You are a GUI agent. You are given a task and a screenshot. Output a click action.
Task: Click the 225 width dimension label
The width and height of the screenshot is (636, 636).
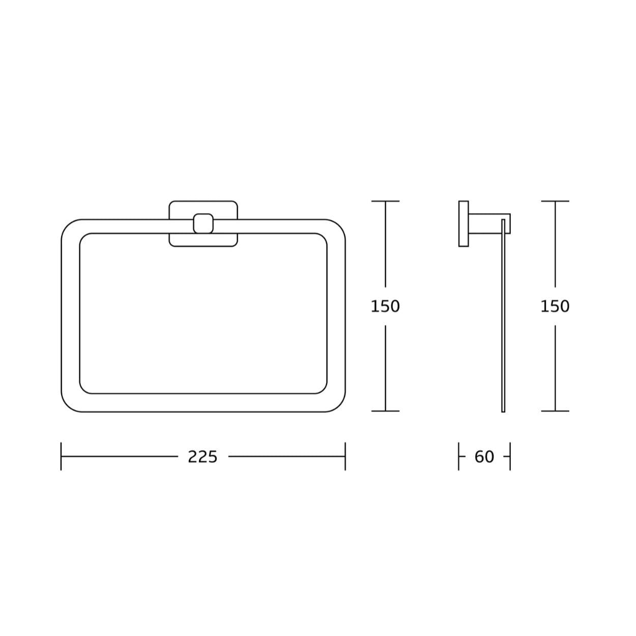(203, 457)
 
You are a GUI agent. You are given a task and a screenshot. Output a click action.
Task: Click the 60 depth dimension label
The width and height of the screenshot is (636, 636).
(484, 457)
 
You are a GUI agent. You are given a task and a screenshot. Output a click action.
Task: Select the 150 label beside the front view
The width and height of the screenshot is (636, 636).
(385, 306)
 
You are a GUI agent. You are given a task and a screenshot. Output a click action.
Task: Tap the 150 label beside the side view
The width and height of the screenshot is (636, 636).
(555, 306)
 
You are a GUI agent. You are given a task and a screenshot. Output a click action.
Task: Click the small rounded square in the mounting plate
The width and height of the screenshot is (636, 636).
(203, 223)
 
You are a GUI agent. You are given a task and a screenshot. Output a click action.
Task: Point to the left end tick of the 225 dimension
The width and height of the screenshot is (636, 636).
(61, 456)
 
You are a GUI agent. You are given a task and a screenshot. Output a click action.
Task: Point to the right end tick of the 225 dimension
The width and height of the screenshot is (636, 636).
(345, 456)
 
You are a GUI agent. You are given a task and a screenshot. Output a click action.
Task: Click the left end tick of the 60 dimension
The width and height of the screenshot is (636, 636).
(458, 456)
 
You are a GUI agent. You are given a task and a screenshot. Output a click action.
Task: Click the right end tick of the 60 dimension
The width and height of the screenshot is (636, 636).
(510, 456)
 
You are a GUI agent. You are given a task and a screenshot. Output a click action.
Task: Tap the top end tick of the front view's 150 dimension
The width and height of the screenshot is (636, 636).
(386, 201)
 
